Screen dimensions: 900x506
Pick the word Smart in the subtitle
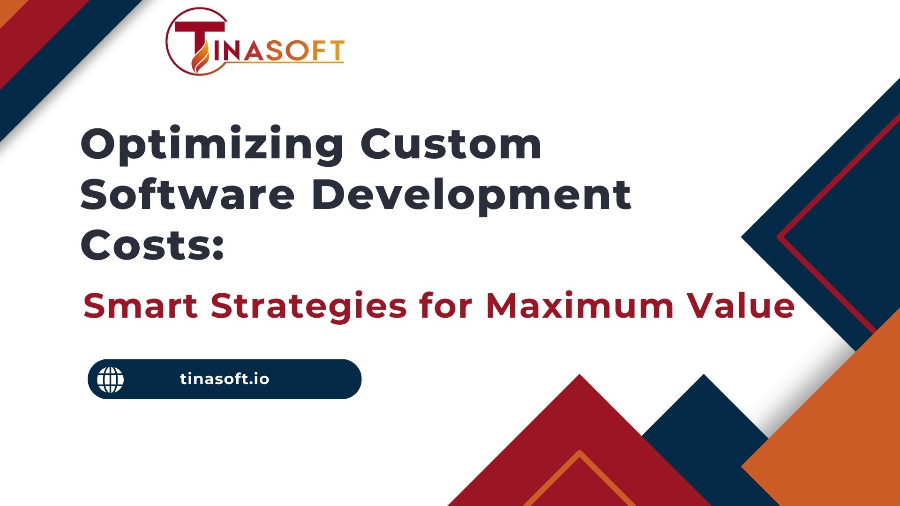[141, 305]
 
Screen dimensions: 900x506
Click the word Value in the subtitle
[742, 305]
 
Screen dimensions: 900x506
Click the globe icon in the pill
[111, 379]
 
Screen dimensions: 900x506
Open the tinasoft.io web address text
[225, 379]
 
